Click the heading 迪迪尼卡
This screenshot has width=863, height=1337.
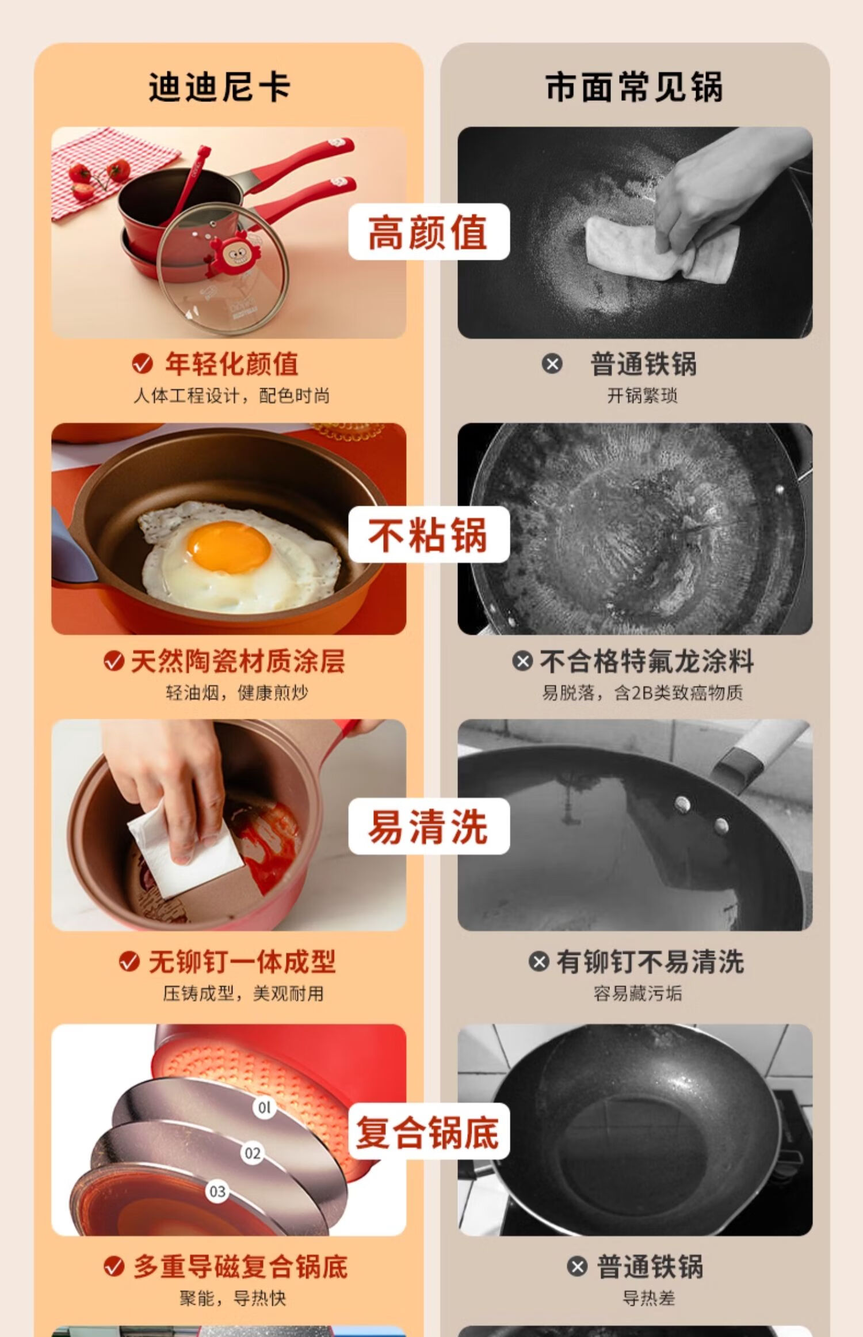(x=220, y=87)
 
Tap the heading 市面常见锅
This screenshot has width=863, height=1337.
(x=634, y=87)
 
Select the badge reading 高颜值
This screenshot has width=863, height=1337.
(x=429, y=231)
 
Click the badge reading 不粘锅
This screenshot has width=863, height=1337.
(x=429, y=534)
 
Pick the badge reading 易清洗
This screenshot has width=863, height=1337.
(x=429, y=826)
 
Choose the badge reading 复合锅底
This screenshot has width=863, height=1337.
(x=429, y=1131)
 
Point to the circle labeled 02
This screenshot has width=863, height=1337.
(x=252, y=1153)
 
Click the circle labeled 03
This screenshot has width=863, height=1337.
(x=217, y=1191)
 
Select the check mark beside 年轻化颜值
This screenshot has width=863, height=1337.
(x=142, y=363)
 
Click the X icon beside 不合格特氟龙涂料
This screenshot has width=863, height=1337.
(x=522, y=661)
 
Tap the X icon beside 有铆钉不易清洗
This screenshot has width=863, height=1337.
(x=539, y=961)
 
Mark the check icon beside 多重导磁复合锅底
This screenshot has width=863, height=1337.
(x=114, y=1266)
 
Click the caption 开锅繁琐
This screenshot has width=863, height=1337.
(x=642, y=396)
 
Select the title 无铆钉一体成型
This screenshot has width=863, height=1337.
(x=242, y=961)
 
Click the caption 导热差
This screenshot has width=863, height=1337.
(x=648, y=1298)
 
